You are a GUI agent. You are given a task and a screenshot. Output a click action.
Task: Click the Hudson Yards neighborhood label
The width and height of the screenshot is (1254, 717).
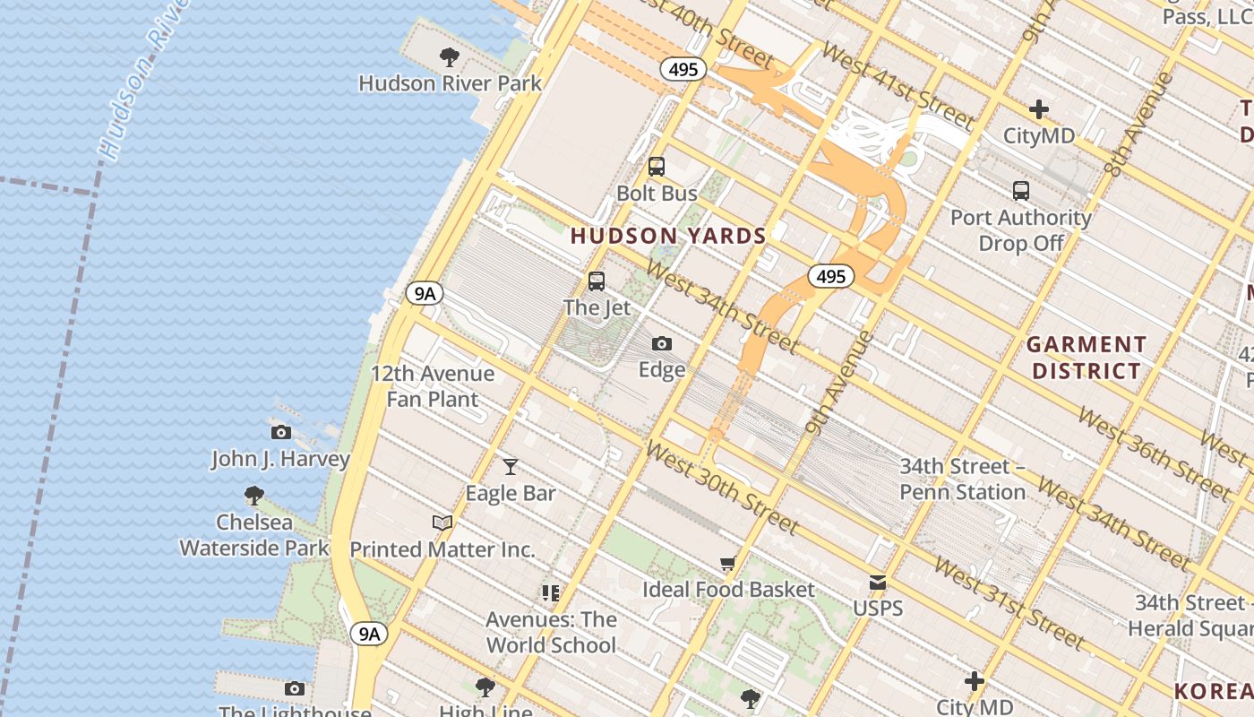pos(668,236)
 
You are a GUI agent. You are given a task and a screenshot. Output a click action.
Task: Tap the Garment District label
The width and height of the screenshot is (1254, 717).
pos(1086,358)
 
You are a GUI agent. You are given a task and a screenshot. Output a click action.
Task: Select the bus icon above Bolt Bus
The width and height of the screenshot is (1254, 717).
pos(657,167)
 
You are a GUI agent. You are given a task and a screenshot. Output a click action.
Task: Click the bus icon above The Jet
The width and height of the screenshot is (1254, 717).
pos(597,281)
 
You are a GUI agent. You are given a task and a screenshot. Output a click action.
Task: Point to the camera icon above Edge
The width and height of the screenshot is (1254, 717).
pos(662,343)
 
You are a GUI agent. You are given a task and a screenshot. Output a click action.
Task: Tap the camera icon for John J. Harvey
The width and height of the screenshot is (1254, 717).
pos(280,432)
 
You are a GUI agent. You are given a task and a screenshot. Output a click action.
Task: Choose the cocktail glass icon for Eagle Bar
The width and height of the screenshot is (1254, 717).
pos(511,466)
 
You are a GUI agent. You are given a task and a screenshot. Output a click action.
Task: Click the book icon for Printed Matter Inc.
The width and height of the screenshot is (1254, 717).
pos(442,523)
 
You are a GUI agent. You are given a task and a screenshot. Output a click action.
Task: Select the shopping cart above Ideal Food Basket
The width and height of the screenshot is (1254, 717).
pos(728,564)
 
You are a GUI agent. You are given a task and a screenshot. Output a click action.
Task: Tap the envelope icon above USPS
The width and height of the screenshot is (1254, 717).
pos(878,583)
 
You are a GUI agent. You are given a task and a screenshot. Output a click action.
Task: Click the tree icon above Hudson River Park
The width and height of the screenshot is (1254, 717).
pos(450,57)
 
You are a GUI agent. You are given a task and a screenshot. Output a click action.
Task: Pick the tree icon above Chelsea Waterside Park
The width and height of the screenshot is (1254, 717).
pos(254,495)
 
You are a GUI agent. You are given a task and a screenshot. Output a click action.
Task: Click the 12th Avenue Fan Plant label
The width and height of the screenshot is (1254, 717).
pos(433,386)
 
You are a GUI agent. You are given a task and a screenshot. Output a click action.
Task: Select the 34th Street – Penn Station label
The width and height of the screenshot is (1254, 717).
pos(962,479)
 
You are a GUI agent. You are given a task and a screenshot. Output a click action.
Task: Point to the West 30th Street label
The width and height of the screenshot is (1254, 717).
pos(721,488)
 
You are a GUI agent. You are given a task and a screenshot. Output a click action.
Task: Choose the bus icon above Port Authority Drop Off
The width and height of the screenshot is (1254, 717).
pos(1021,190)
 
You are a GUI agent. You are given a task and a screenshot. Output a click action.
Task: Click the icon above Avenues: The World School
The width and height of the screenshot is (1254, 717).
pos(551,592)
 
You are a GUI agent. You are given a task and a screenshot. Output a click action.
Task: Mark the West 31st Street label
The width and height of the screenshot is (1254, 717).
pos(1008,602)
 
